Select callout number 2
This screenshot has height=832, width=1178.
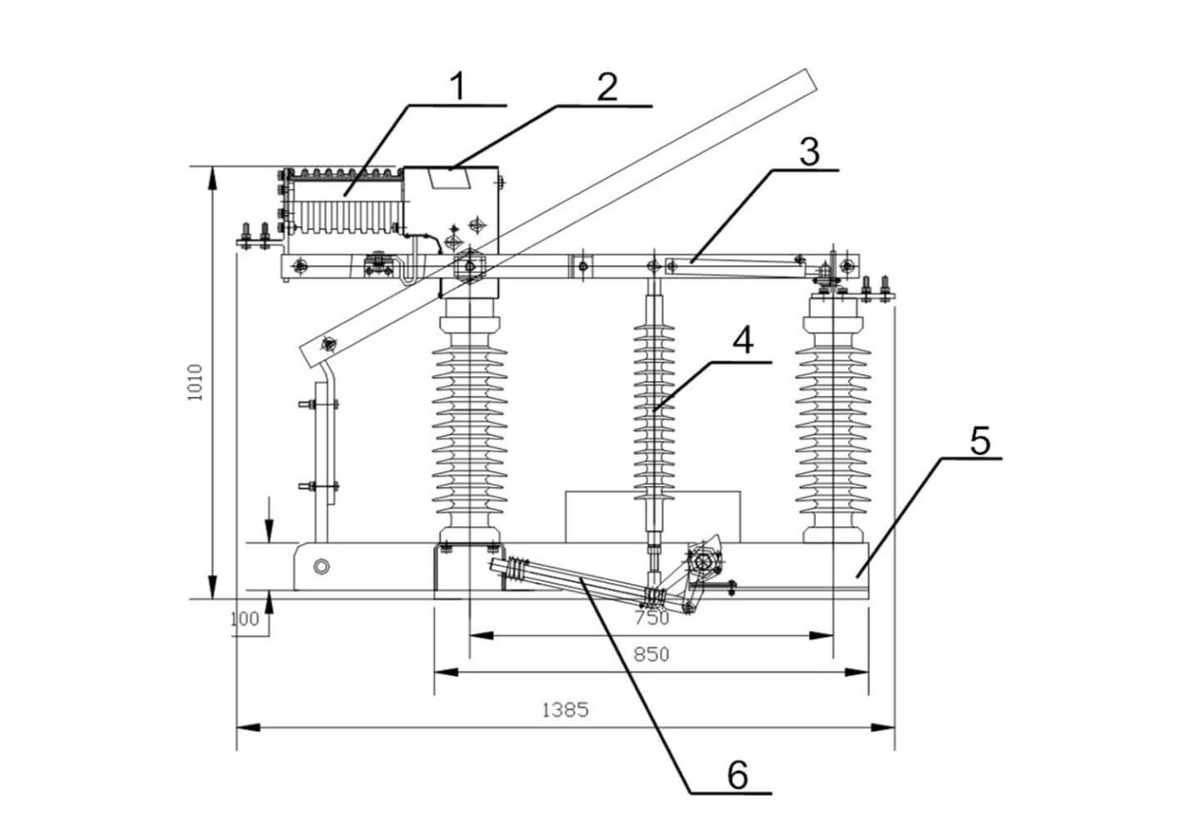tap(606, 87)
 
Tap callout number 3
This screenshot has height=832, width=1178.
tap(808, 152)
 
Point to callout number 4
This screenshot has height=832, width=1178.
tap(742, 341)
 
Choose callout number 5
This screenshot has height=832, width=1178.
tap(979, 440)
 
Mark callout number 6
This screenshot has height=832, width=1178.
tap(736, 774)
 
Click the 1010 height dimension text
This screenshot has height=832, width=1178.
tap(196, 381)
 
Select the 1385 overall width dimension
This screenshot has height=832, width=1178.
tap(565, 710)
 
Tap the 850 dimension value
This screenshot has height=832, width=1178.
tap(650, 654)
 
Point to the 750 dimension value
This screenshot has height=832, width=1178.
tap(650, 618)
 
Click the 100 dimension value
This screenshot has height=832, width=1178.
tap(245, 619)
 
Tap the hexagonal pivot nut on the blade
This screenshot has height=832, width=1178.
tap(469, 264)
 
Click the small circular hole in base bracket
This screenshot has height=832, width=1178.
tap(321, 567)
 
